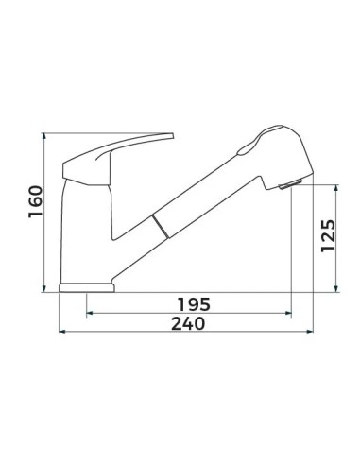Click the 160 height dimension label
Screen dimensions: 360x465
[x=35, y=202]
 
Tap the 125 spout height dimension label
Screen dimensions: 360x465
[x=328, y=235]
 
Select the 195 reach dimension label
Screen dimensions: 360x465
[x=194, y=304]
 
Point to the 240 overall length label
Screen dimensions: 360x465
[x=188, y=323]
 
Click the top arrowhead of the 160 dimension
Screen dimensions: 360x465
[x=44, y=136]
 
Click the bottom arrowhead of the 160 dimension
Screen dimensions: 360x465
[x=44, y=289]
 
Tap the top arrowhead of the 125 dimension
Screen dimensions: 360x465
[x=336, y=188]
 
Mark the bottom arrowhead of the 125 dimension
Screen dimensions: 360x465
[x=336, y=289]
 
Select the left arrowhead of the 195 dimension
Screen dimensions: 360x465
[x=90, y=313]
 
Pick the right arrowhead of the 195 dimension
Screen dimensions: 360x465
[x=287, y=313]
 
